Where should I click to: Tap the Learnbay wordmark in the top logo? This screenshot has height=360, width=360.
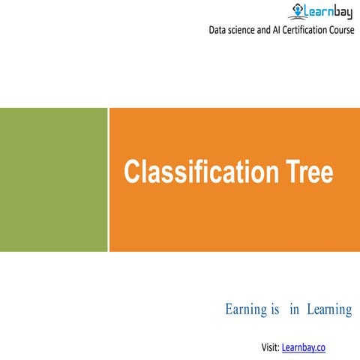click(327, 10)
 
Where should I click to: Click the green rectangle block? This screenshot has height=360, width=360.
click(53, 179)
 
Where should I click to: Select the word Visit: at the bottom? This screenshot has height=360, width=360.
click(270, 347)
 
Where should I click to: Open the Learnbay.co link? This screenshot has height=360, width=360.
click(304, 347)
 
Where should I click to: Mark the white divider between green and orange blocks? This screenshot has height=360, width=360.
click(109, 179)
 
